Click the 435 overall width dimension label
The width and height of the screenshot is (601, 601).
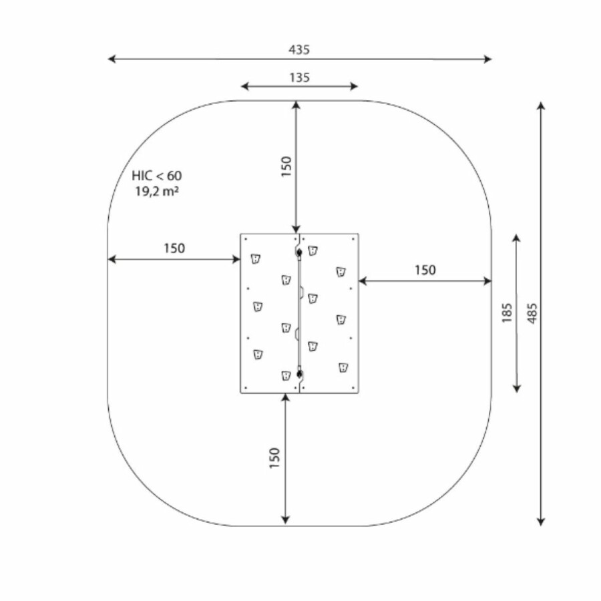coord(299,49)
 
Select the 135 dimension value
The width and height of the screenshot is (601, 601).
coord(299,77)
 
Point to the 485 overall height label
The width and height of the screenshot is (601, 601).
coord(532,313)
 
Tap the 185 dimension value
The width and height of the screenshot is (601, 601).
coord(507,313)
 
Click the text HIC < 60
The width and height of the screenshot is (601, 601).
coord(156,176)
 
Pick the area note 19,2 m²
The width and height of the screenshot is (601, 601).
coord(156,192)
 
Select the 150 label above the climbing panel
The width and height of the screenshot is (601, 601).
coord(285,166)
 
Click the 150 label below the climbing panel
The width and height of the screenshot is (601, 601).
coord(274,457)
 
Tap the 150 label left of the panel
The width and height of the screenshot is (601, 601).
coord(174,248)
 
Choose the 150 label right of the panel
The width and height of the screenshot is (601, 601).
coord(425,270)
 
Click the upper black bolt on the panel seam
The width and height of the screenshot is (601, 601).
coord(299,252)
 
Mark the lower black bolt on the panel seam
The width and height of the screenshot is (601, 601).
coord(300,373)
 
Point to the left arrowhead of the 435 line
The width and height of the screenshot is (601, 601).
coord(110,59)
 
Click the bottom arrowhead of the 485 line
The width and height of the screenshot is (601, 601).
coord(541,523)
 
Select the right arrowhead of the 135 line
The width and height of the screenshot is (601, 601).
coord(355,86)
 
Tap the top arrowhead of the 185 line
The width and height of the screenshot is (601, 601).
coord(516,236)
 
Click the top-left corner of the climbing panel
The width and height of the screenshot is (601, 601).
coord(241,234)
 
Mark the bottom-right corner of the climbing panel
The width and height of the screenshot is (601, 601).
coord(358,393)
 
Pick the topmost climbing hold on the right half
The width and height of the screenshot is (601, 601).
coord(313,250)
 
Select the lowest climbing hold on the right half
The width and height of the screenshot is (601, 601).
coord(343,367)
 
